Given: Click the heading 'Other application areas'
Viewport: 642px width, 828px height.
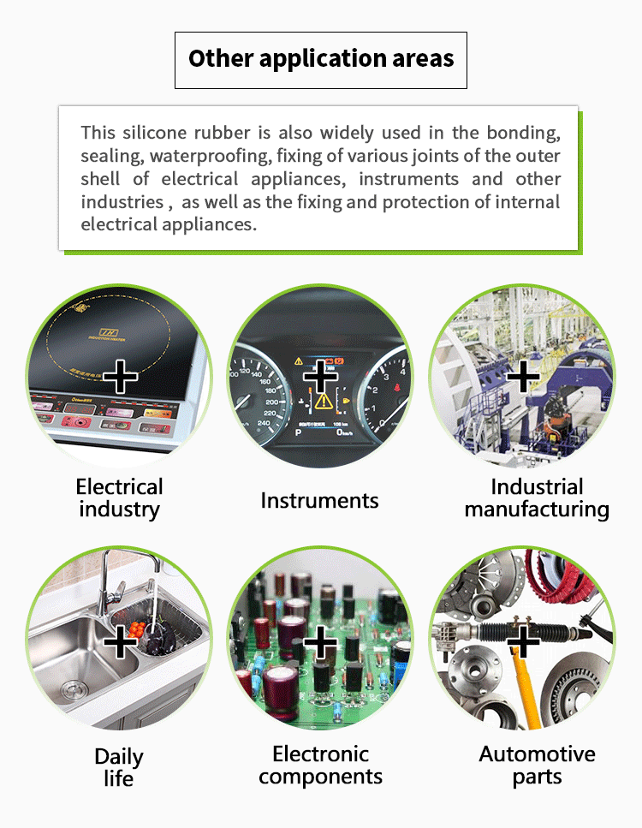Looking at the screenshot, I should (321, 59).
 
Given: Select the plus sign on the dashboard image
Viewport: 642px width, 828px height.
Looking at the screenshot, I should (320, 375).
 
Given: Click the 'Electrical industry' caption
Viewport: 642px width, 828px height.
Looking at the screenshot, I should (119, 498).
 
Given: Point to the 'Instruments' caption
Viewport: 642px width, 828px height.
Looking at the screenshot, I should (319, 501).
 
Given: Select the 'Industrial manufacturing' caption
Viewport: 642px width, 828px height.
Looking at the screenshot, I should (537, 498).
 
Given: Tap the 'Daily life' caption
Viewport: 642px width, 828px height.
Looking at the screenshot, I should (119, 767).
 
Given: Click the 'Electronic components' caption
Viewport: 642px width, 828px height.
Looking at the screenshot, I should (320, 765).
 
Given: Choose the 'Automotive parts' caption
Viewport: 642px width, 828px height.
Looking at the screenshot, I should (537, 765).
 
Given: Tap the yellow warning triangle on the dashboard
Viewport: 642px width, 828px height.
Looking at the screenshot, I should (324, 401).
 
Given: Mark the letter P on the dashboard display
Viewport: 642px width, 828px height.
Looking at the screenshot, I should (298, 433).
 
